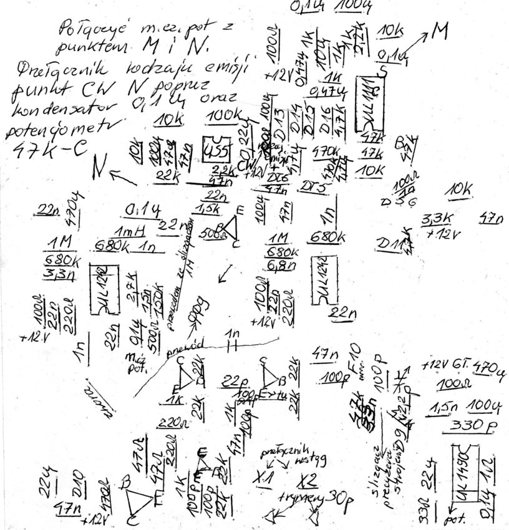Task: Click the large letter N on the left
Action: click(x=98, y=166)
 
